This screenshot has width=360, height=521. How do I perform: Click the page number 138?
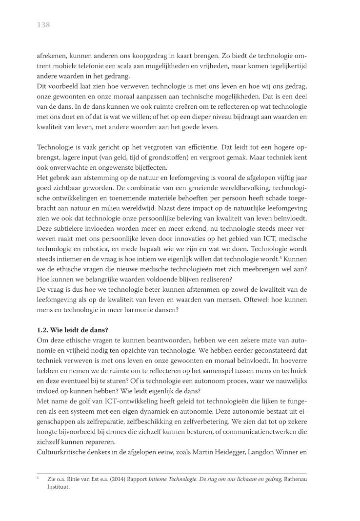43,25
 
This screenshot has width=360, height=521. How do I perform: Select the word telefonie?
98,65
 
